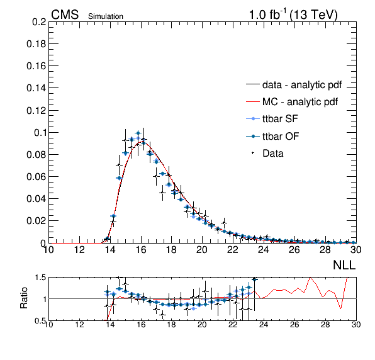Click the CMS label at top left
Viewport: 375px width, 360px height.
(x=65, y=15)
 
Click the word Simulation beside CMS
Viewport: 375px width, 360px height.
(x=106, y=16)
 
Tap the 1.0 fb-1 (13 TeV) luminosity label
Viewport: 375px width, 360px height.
(x=293, y=15)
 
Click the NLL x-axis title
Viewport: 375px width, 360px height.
(x=344, y=265)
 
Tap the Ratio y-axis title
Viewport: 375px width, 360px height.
(x=24, y=298)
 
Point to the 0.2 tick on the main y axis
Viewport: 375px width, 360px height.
(x=39, y=22)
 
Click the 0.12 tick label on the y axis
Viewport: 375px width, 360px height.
(x=36, y=111)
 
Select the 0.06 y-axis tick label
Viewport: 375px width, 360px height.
(x=36, y=177)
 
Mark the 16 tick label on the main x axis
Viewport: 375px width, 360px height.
(x=141, y=250)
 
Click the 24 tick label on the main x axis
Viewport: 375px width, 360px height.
(x=263, y=250)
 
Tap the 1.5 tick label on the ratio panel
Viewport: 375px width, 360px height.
(x=40, y=278)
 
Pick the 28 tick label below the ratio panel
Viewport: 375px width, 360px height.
(x=325, y=325)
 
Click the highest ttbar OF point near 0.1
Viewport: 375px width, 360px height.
(x=138, y=133)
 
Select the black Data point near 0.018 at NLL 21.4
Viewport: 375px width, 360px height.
(x=224, y=223)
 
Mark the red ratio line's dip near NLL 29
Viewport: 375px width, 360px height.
(x=340, y=308)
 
